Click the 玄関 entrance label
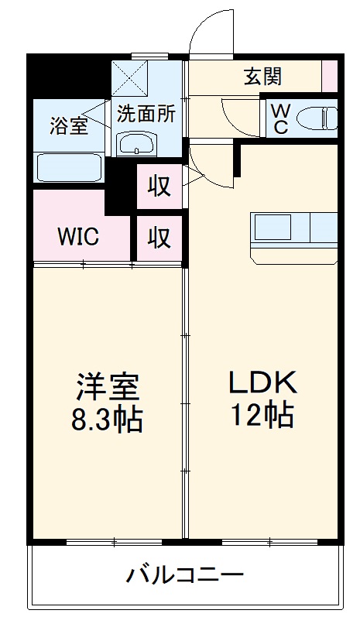point(263,77)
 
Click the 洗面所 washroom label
point(146,114)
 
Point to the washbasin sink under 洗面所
point(137,143)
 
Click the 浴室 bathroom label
point(68,126)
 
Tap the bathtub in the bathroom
point(68,167)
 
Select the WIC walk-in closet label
point(77,236)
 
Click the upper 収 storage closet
point(159,187)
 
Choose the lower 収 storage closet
point(159,238)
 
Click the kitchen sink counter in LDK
point(295,228)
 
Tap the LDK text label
point(262,382)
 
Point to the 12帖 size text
point(262,416)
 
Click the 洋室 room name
point(107,386)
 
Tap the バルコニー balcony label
point(185,575)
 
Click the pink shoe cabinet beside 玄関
point(330,75)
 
